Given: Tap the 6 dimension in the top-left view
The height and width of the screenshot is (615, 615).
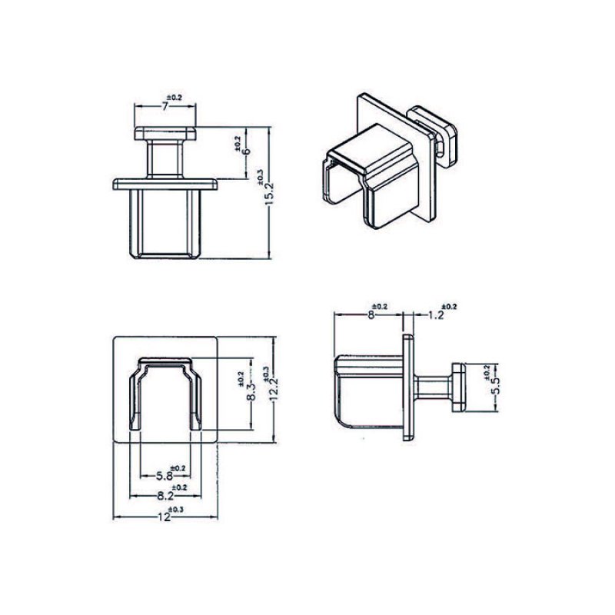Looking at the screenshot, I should (x=246, y=151).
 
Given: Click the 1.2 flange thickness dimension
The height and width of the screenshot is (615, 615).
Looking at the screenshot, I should (x=436, y=314).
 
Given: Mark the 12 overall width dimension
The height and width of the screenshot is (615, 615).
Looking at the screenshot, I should (x=163, y=517).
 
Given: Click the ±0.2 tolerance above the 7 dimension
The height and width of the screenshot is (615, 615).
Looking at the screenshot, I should (x=175, y=98).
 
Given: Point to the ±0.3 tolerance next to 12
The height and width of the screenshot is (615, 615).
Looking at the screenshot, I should (x=177, y=510).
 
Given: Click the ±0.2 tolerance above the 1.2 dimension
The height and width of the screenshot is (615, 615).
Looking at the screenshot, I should (x=449, y=307).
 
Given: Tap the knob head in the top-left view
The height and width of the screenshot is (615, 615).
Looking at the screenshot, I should (x=165, y=133).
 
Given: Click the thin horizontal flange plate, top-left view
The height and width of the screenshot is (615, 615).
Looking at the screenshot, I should (x=165, y=184).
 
